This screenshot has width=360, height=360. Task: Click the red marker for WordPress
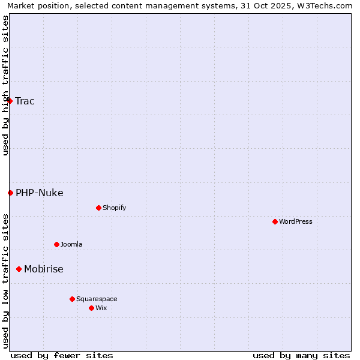tap(275, 221)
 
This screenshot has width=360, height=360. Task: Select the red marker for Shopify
tap(98, 208)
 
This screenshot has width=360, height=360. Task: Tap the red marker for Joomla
tap(56, 244)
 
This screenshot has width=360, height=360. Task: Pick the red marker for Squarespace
tap(72, 299)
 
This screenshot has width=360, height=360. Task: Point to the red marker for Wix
tap(91, 308)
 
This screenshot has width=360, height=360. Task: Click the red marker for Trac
tap(10, 101)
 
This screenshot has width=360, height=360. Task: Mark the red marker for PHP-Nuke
tap(10, 193)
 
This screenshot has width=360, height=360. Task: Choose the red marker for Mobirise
tap(19, 269)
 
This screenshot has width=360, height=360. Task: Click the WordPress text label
tap(295, 221)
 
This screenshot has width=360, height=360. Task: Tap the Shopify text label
tap(114, 208)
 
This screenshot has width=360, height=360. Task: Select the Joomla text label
tap(71, 244)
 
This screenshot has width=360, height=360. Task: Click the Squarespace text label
tap(97, 299)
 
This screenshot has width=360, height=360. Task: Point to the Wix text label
tap(101, 308)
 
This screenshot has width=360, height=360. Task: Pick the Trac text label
tap(25, 101)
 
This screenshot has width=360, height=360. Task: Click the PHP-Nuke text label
tap(39, 193)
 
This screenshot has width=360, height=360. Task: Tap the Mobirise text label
tap(43, 269)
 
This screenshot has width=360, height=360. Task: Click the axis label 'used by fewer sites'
tap(62, 355)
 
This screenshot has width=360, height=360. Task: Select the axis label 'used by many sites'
tap(301, 355)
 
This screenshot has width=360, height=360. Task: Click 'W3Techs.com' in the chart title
tap(328, 5)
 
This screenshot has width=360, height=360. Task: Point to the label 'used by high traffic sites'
tap(5, 85)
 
